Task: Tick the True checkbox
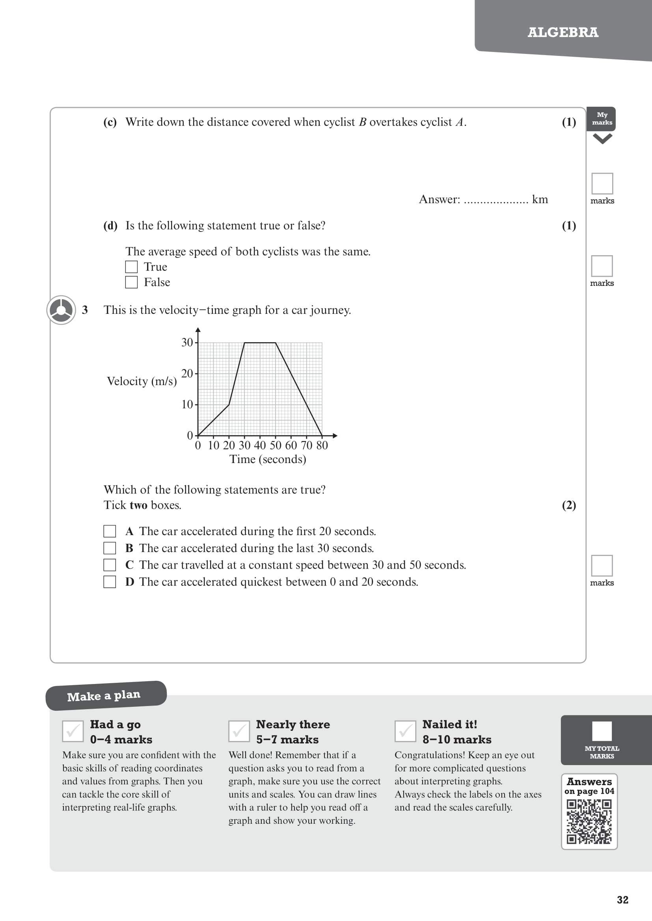coord(131,267)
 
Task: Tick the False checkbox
coord(131,282)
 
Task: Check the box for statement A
coord(110,531)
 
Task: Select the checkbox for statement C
coord(110,565)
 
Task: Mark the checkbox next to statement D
coord(110,582)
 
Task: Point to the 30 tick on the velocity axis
coord(187,343)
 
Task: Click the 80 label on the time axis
coord(322,445)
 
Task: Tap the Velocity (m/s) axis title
coord(142,381)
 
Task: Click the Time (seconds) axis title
coord(268,459)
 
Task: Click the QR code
coord(589,821)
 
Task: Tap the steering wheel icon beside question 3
coord(61,310)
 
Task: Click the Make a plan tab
coord(104,696)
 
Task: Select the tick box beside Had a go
coord(73,731)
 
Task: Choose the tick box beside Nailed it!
coord(405,731)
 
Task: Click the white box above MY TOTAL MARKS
coord(602,731)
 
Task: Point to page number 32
coord(622,900)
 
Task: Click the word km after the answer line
coord(540,199)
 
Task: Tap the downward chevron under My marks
coord(602,139)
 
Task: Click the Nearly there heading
coord(293,724)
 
